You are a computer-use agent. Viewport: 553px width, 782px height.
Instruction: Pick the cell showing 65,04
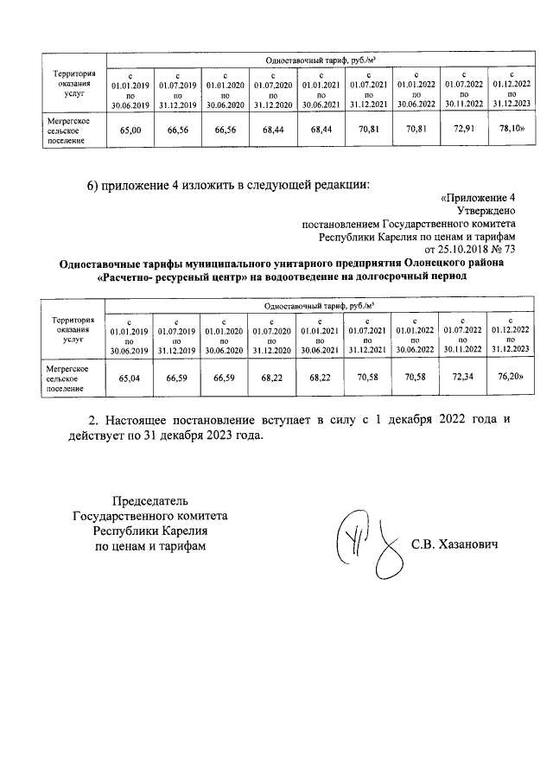coord(130,377)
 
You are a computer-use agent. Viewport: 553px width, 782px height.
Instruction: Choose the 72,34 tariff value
coord(463,377)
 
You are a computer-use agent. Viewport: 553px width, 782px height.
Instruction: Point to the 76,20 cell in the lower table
coord(510,377)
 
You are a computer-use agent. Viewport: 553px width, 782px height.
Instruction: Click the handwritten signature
coord(368,544)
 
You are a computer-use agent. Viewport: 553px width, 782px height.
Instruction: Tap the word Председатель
coord(151,502)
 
